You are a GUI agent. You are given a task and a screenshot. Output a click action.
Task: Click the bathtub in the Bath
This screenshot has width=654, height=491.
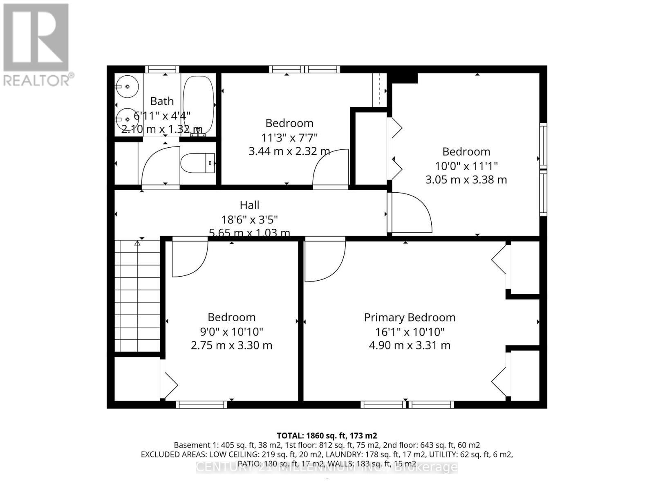(x=198, y=104)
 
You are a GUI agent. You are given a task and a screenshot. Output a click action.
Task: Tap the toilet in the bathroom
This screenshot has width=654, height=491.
(x=198, y=163)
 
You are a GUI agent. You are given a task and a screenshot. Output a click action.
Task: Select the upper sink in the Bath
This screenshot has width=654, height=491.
(x=128, y=87)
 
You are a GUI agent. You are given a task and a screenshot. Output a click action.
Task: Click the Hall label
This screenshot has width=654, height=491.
(x=249, y=205)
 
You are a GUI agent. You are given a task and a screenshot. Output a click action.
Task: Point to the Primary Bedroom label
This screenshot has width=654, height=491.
(x=410, y=318)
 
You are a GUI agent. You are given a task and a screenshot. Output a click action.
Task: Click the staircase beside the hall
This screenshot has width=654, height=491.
(x=137, y=297)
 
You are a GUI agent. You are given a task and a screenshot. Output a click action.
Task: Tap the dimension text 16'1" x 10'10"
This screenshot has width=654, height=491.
(x=410, y=331)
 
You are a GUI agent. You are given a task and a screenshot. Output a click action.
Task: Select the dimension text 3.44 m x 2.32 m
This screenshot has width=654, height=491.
(x=289, y=151)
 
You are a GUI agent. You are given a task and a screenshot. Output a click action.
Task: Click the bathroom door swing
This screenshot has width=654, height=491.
(x=160, y=166)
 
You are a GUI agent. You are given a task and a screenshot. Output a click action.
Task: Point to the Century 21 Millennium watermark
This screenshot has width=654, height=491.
(x=327, y=467)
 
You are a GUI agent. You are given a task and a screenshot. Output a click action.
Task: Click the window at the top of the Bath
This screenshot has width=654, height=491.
(x=162, y=69)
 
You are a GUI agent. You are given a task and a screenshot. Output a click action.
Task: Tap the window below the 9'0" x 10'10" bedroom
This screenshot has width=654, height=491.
(x=202, y=405)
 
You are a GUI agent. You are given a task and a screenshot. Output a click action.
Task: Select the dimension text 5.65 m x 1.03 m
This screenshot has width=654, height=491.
(x=249, y=233)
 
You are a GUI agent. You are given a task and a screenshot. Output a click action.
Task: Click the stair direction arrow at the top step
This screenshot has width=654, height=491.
(x=137, y=243)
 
